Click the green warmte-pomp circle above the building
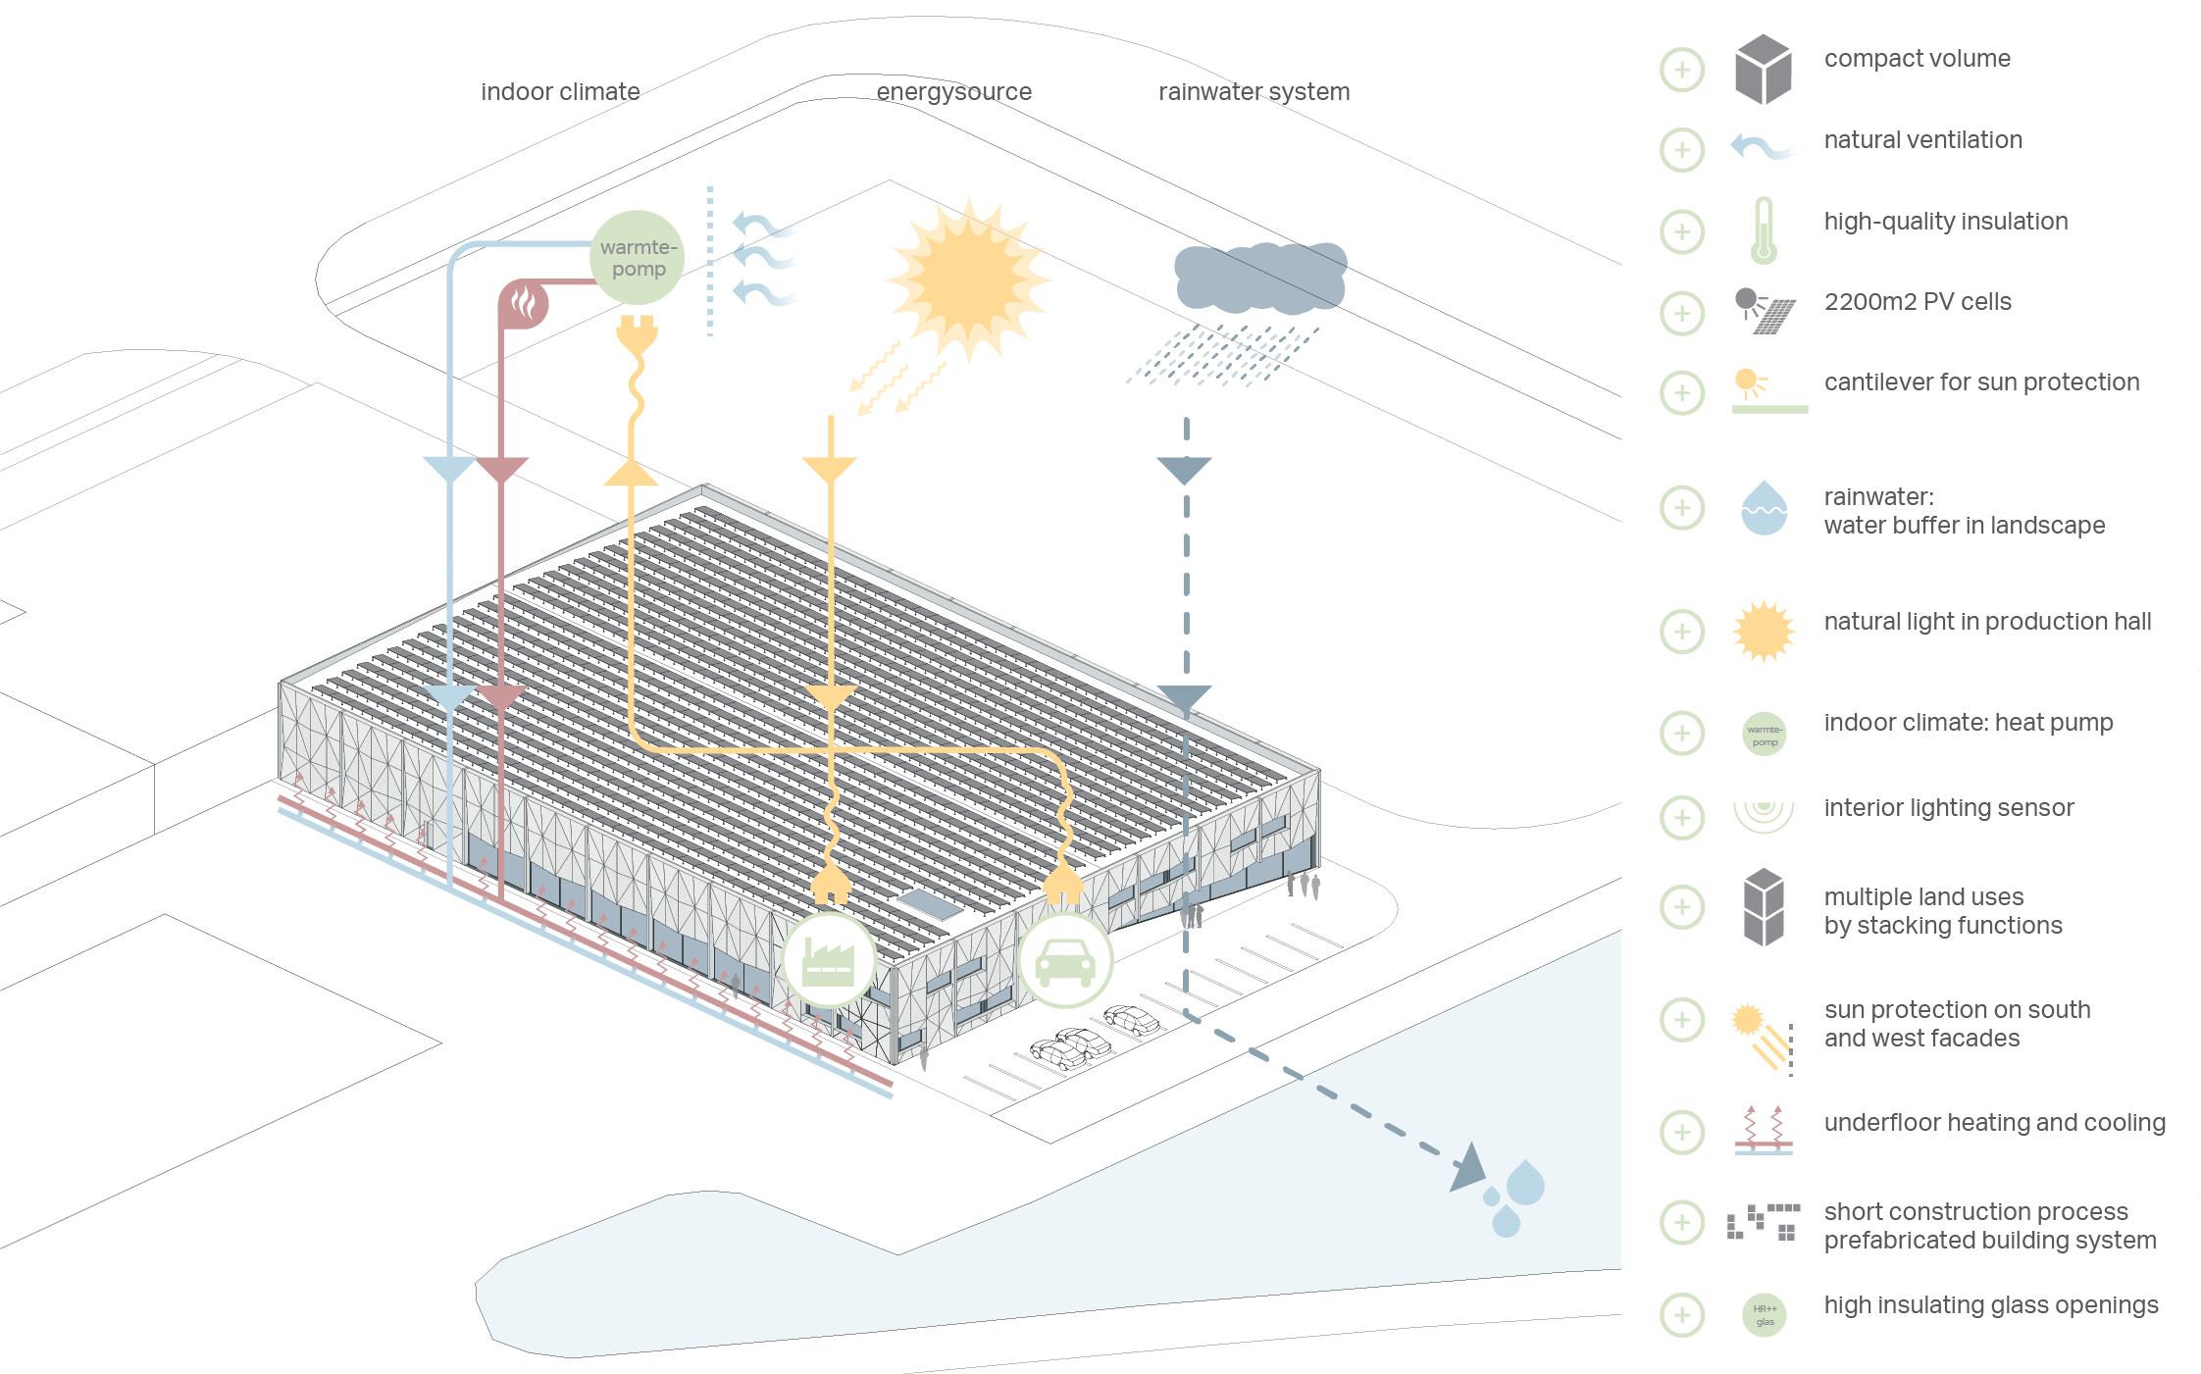638,258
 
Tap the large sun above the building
968,280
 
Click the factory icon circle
829,960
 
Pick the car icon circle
1065,961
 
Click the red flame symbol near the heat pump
524,303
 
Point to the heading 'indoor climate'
560,92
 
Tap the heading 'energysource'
953,92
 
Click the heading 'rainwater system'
1254,92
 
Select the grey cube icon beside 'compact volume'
1763,70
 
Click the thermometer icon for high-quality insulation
1764,231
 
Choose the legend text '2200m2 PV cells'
1917,302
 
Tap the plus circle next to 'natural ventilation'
1682,150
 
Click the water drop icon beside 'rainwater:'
1764,508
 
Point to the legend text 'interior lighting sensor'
1948,808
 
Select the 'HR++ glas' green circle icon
1765,1315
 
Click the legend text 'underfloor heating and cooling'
1994,1123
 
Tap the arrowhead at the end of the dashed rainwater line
1467,1167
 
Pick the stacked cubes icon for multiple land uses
1764,907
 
